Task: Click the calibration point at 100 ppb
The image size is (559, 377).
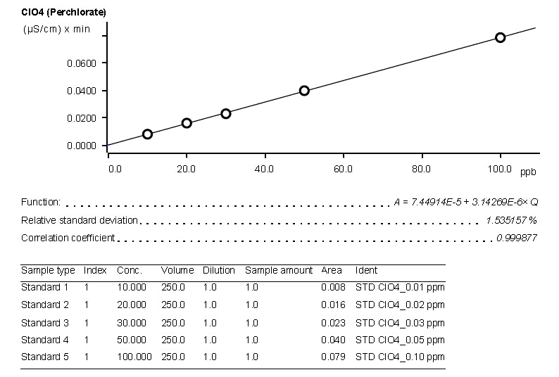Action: pos(500,37)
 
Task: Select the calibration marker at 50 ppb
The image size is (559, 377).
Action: pos(304,91)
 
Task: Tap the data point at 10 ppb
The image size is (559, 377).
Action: pos(147,134)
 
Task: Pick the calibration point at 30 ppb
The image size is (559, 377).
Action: pos(226,113)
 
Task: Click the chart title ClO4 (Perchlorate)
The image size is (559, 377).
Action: pos(64,13)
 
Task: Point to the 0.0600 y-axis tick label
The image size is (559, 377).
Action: pos(81,63)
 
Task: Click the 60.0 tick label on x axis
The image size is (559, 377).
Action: pos(343,169)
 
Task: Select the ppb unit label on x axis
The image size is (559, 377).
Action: pos(528,172)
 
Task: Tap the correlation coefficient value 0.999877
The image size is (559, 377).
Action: pos(516,238)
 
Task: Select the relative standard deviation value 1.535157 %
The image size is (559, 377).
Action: pos(511,220)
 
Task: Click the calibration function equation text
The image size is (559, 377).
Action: pos(465,202)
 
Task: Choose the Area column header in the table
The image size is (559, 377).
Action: pos(331,271)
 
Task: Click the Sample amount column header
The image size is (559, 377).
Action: pos(279,271)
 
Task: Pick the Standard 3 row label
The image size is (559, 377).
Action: pos(45,323)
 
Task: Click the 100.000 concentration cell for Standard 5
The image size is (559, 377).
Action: pos(134,357)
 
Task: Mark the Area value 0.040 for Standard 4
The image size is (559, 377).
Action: pos(333,340)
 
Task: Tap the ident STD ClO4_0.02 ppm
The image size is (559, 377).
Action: pos(400,305)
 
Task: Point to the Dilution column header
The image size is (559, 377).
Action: pos(219,271)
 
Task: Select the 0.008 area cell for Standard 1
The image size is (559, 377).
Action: pos(333,287)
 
